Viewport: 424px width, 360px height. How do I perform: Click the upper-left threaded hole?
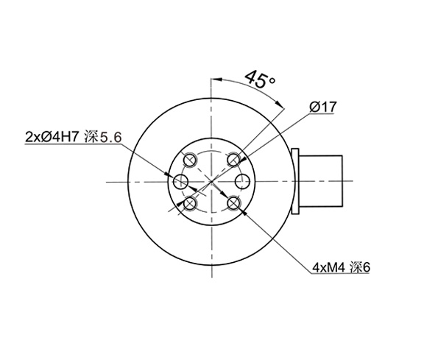tap(191, 159)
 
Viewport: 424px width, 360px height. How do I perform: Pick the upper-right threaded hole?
tap(233, 159)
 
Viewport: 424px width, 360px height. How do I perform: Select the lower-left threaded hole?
tap(191, 203)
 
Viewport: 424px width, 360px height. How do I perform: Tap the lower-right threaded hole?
tap(233, 203)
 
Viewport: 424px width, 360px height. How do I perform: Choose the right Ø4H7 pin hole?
tap(242, 181)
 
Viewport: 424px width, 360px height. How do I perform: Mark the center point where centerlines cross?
tap(212, 181)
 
